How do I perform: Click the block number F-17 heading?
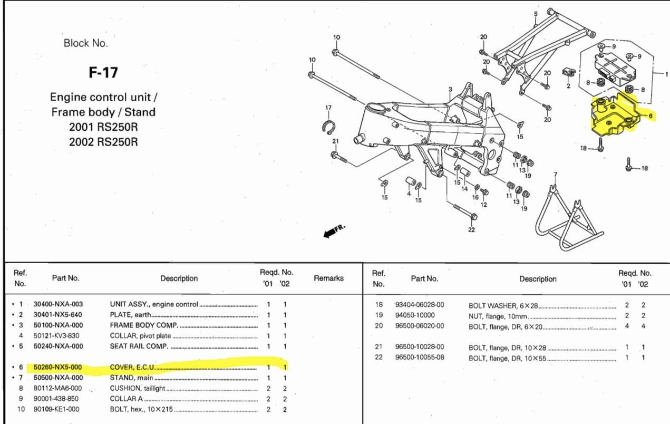pos(103,73)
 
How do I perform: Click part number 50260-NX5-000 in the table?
pos(58,367)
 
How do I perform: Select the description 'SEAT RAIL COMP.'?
pos(137,346)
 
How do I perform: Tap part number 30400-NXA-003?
pos(58,304)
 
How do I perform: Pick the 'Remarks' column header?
pos(328,278)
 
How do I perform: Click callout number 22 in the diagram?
pos(471,229)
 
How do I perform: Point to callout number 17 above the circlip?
pos(328,108)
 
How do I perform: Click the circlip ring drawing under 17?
pos(328,127)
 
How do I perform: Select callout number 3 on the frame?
pos(450,89)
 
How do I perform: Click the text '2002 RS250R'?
pos(103,142)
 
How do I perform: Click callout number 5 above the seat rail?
pos(536,14)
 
